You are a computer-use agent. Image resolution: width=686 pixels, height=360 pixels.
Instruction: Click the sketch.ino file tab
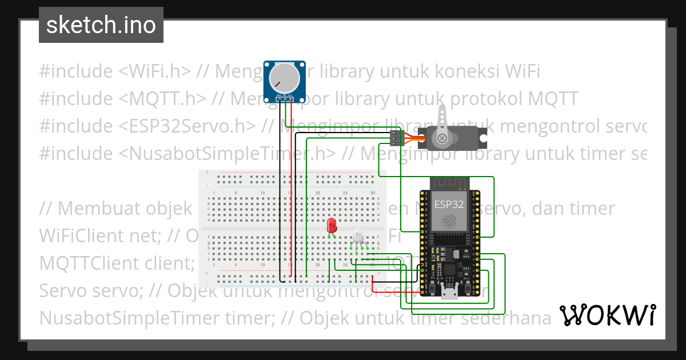pos(101,25)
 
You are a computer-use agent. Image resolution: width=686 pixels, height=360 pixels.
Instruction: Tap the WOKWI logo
pos(607,315)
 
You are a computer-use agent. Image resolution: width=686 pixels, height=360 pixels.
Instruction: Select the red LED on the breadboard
pos(332,226)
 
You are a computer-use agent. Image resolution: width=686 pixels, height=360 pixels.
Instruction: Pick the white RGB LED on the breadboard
pos(358,236)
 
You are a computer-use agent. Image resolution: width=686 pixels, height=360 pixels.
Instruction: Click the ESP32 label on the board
pos(449,204)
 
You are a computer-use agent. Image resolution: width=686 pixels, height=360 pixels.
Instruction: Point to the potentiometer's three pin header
pos(284,99)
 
